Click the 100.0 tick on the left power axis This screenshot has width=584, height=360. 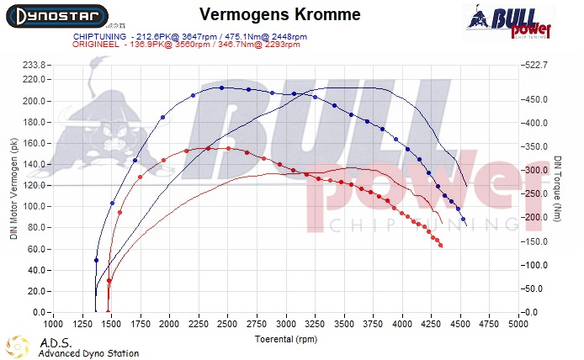[35, 207]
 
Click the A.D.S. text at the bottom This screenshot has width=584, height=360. [51, 343]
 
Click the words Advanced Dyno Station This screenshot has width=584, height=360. [88, 353]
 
